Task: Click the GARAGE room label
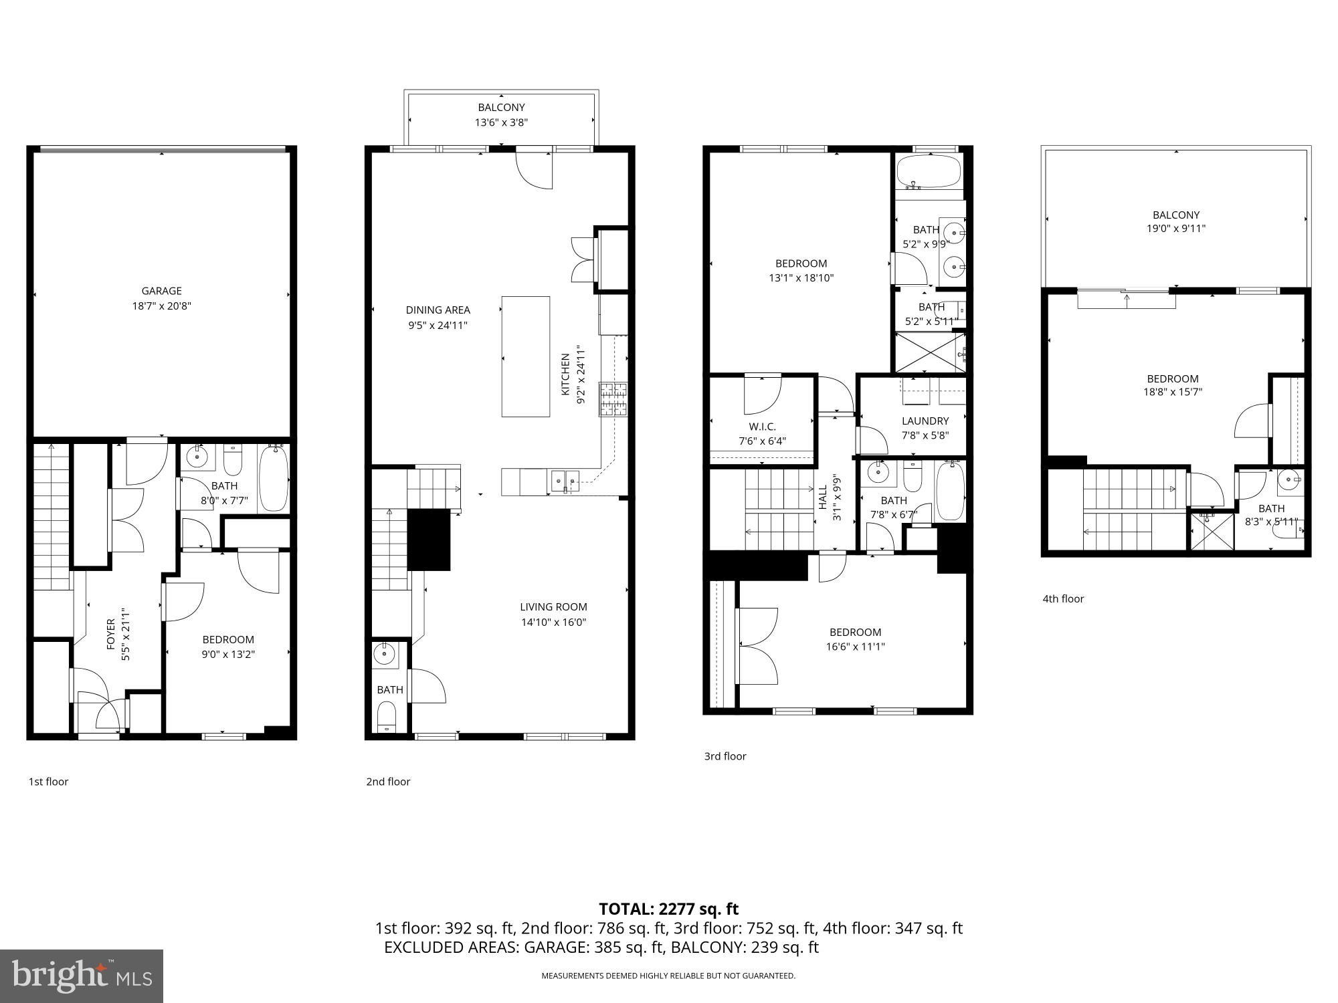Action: (x=161, y=291)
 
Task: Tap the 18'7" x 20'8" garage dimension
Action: (x=161, y=306)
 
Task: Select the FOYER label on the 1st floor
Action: (x=111, y=634)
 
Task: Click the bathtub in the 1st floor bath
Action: (x=273, y=479)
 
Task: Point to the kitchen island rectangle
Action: (x=526, y=356)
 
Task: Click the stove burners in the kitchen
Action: (x=612, y=399)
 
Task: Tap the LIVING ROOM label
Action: (x=553, y=607)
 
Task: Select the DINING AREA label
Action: (x=438, y=310)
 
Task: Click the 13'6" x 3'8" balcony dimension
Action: (x=501, y=122)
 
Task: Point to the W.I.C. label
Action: (x=762, y=427)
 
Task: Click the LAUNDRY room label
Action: (x=925, y=421)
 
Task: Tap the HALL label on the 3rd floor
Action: (x=823, y=497)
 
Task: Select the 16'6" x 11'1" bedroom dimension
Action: (x=855, y=647)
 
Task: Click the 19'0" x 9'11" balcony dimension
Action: (x=1175, y=229)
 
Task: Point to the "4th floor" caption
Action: (x=1062, y=599)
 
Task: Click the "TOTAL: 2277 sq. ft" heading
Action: (x=668, y=909)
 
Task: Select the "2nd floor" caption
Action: (x=387, y=782)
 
